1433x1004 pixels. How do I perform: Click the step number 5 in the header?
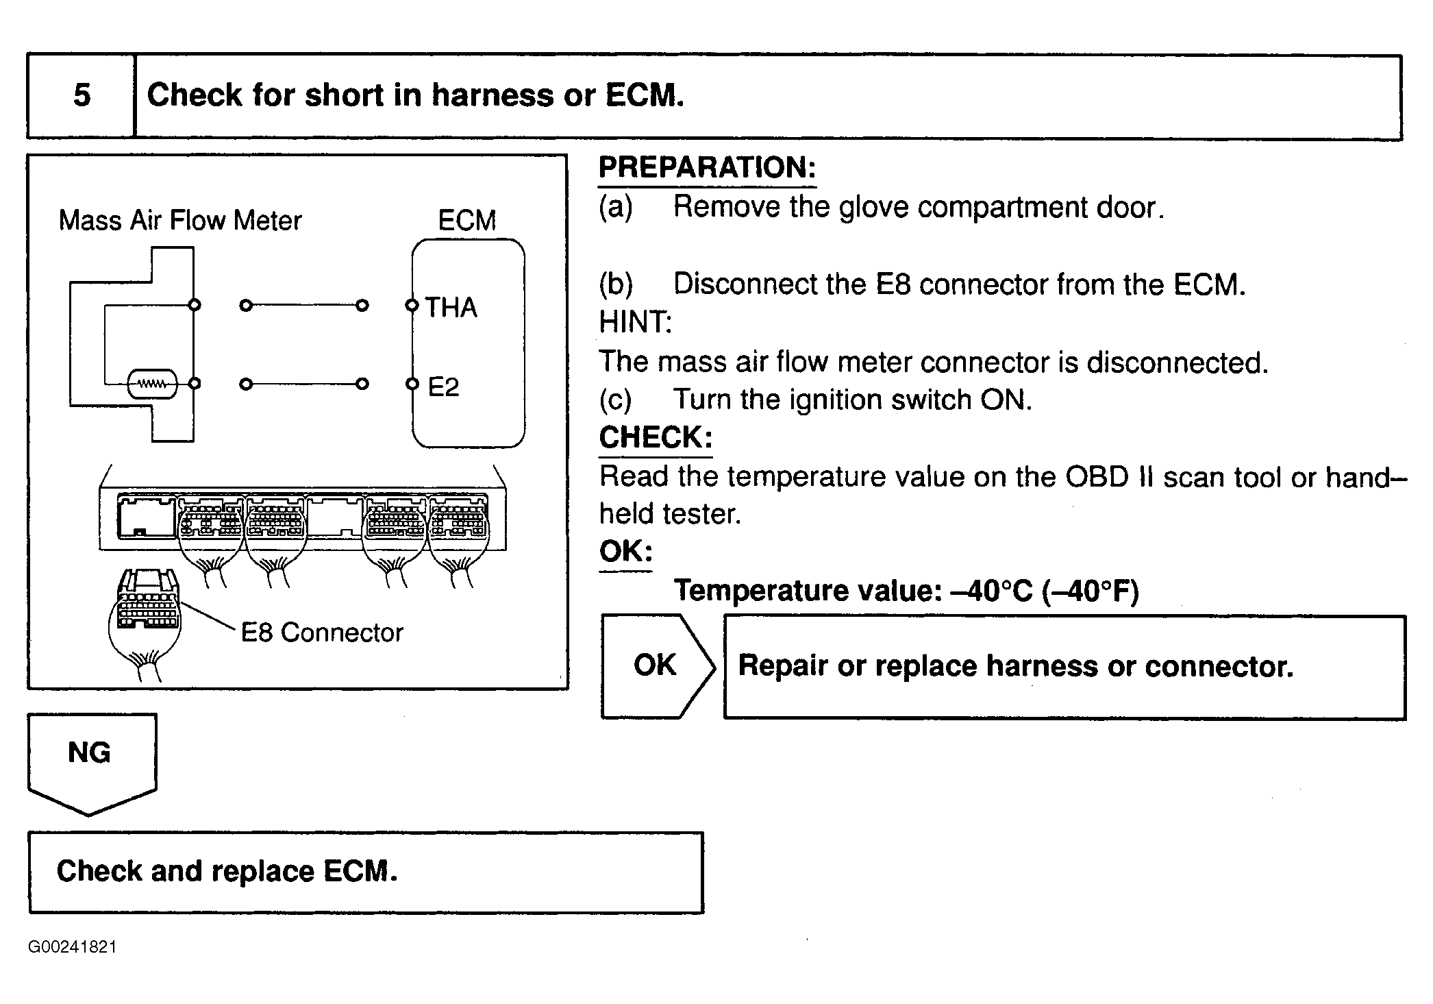pos(82,95)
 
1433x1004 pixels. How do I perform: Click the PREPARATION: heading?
pos(707,168)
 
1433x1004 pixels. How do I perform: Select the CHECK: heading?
pos(656,438)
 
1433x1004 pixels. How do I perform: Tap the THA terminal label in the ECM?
pos(451,308)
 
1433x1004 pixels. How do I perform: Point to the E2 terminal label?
pos(443,387)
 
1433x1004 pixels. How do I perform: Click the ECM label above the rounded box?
pos(466,221)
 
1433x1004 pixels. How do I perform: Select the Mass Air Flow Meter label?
pos(180,221)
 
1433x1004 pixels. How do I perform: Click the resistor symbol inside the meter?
pos(152,384)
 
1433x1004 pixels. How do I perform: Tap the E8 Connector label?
pos(322,633)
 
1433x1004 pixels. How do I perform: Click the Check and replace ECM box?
pos(366,872)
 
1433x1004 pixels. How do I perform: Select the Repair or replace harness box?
pos(1064,667)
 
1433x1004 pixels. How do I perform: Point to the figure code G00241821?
pos(73,947)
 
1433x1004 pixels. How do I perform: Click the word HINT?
pos(635,322)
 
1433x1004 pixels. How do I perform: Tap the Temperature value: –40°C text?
pos(906,591)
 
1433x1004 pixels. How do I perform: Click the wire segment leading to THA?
pos(304,306)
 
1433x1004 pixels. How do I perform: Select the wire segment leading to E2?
pos(304,384)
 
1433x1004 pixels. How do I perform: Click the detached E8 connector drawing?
pos(145,613)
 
